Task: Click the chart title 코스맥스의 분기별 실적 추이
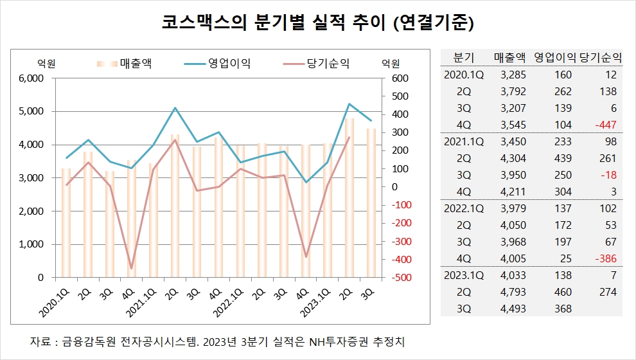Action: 317,24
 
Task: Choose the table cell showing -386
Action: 605,258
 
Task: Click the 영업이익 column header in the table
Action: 556,57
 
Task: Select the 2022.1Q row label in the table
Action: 464,208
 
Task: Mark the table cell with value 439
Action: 562,158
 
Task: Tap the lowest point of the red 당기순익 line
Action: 131,268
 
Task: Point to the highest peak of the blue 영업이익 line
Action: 349,104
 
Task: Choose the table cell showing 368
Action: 562,309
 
